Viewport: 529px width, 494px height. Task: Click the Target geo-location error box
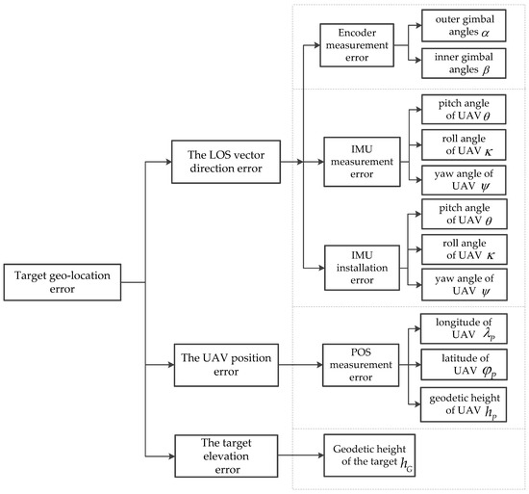pos(63,282)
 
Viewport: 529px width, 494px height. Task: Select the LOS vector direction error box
pos(226,162)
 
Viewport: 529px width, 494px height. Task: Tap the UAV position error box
pos(226,365)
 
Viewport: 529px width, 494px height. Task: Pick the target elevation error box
pos(226,455)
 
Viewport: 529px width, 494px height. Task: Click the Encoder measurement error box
pos(357,45)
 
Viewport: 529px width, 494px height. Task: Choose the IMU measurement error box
pos(362,162)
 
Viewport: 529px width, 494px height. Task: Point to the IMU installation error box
pos(362,268)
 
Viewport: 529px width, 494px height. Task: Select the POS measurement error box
pos(361,365)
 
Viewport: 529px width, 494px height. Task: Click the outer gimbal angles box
pos(464,26)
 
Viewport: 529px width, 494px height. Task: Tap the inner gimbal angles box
pos(464,64)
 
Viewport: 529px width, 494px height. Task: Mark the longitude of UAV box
pos(464,328)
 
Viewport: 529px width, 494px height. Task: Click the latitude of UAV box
pos(464,365)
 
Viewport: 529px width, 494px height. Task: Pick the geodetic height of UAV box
pos(464,404)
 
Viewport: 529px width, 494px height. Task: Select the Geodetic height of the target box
pos(369,455)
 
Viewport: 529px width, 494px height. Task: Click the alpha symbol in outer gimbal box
pos(485,33)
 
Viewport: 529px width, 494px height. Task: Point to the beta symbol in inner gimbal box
pos(486,70)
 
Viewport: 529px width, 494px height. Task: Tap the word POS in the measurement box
pos(361,352)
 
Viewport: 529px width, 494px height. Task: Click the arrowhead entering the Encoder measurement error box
pos(317,45)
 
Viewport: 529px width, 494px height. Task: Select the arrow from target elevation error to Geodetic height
pos(301,455)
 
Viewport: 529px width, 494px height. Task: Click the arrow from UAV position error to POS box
pos(301,365)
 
